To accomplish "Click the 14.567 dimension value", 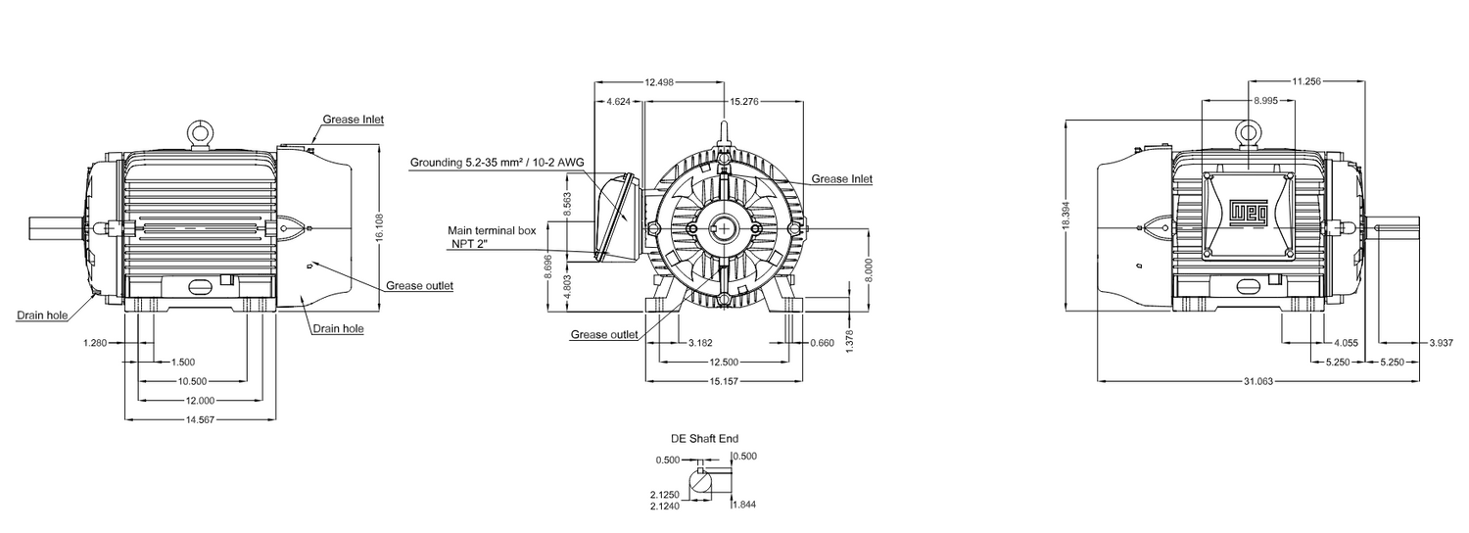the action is pyautogui.click(x=200, y=419).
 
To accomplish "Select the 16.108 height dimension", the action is pyautogui.click(x=379, y=227).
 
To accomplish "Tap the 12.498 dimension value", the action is pyautogui.click(x=660, y=82).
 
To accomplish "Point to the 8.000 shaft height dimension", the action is pyautogui.click(x=869, y=271).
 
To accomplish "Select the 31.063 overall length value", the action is pyautogui.click(x=1258, y=381).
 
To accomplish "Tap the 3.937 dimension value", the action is pyautogui.click(x=1442, y=343).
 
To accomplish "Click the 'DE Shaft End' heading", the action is pyautogui.click(x=704, y=439).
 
